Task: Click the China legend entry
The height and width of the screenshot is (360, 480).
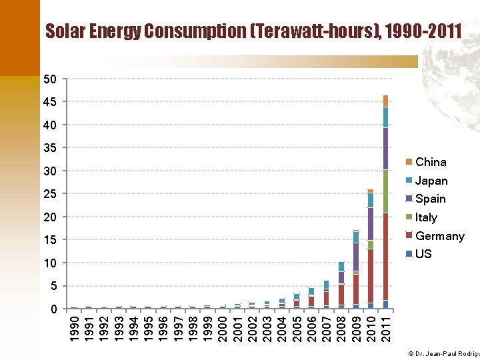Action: [430, 162]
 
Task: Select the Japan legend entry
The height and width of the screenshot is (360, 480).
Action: [431, 181]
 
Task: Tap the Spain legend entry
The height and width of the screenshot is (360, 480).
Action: [430, 199]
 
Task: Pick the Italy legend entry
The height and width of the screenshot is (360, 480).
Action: [425, 217]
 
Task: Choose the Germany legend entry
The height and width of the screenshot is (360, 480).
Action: [439, 236]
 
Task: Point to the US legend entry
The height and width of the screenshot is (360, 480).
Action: [423, 254]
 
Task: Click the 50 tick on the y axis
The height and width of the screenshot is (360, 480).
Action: [49, 80]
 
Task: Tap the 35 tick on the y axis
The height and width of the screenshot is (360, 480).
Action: [49, 148]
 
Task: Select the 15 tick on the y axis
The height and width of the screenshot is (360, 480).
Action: [49, 240]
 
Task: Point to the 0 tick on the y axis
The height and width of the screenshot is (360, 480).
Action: [53, 309]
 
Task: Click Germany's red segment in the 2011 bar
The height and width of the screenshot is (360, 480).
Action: [385, 257]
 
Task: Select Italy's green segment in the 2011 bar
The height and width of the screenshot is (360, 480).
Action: [385, 191]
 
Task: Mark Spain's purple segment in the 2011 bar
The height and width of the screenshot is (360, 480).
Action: [385, 149]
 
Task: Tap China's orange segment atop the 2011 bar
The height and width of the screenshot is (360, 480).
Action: [385, 101]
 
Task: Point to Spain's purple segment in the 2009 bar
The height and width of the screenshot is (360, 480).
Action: [356, 257]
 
